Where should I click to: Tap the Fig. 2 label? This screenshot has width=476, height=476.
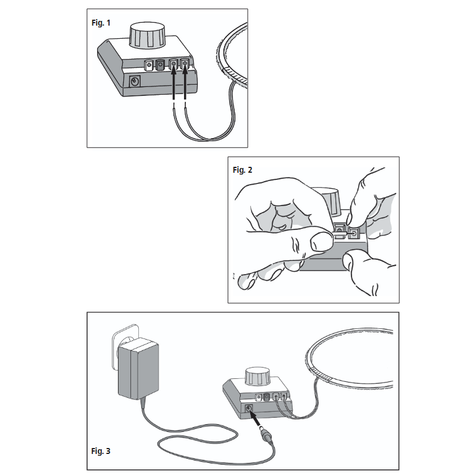tap(242, 170)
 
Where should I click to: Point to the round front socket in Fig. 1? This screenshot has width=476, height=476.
tap(135, 82)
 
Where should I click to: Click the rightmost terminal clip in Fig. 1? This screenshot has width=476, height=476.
tap(186, 63)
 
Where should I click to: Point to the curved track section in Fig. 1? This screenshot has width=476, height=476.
tap(229, 57)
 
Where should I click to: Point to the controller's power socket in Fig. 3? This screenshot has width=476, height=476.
tap(248, 409)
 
